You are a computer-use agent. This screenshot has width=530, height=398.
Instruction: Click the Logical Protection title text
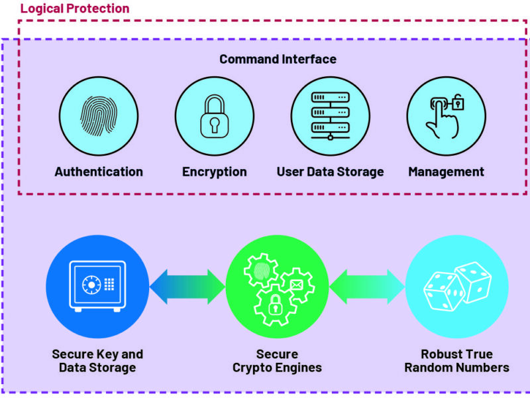click(x=74, y=9)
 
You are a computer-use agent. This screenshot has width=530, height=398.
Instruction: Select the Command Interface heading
click(x=278, y=59)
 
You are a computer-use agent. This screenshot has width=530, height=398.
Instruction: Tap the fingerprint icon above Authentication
click(x=99, y=116)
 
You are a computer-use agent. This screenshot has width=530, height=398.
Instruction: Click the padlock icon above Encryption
click(x=214, y=116)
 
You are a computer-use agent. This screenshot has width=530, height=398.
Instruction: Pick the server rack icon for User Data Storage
click(x=330, y=116)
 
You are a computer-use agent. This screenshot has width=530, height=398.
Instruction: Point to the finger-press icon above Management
click(x=446, y=116)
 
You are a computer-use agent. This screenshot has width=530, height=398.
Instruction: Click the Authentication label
click(x=99, y=172)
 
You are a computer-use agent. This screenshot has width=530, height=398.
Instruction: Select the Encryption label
click(x=214, y=172)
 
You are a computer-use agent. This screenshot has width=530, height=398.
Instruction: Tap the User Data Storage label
click(x=330, y=172)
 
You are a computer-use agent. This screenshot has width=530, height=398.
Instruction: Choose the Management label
click(x=446, y=172)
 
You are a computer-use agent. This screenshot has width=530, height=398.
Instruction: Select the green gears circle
click(x=277, y=286)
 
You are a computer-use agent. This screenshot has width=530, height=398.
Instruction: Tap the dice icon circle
click(x=456, y=286)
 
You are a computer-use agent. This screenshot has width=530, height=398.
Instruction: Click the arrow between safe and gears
click(x=187, y=287)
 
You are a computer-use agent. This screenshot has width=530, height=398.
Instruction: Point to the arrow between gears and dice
click(x=367, y=287)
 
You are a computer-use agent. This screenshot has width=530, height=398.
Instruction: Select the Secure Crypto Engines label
click(x=277, y=360)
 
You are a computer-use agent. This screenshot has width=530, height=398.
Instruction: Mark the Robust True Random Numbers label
click(x=456, y=360)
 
